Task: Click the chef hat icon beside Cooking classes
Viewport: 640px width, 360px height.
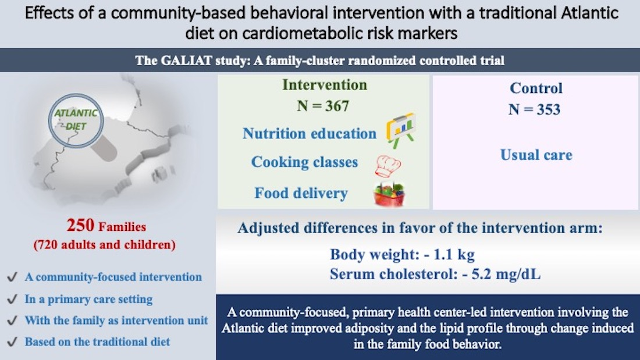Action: [x=387, y=166]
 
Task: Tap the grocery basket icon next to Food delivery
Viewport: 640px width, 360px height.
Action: [x=389, y=194]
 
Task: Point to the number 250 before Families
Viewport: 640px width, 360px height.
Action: [x=80, y=225]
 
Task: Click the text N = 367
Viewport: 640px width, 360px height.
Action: [x=323, y=106]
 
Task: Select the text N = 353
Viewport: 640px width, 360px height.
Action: [x=534, y=109]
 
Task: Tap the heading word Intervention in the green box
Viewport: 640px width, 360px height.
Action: [x=325, y=84]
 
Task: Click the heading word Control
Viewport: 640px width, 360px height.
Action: [x=536, y=88]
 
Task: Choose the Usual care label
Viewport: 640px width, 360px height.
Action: [x=536, y=155]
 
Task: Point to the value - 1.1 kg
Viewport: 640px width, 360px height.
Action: [x=449, y=254]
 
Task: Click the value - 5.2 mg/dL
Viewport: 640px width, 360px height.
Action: [x=502, y=274]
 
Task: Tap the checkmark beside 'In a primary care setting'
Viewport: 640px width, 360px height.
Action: [x=12, y=299]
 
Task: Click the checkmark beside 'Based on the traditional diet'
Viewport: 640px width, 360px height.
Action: [x=12, y=341]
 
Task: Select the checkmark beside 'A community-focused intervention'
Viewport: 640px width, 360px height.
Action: [x=12, y=277]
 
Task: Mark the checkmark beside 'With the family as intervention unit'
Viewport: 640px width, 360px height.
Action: [x=12, y=320]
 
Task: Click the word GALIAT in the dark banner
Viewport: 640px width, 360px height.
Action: [x=186, y=60]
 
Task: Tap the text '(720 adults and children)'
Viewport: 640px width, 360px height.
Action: [x=105, y=244]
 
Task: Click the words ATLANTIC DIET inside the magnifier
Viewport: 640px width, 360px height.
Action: [x=76, y=119]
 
